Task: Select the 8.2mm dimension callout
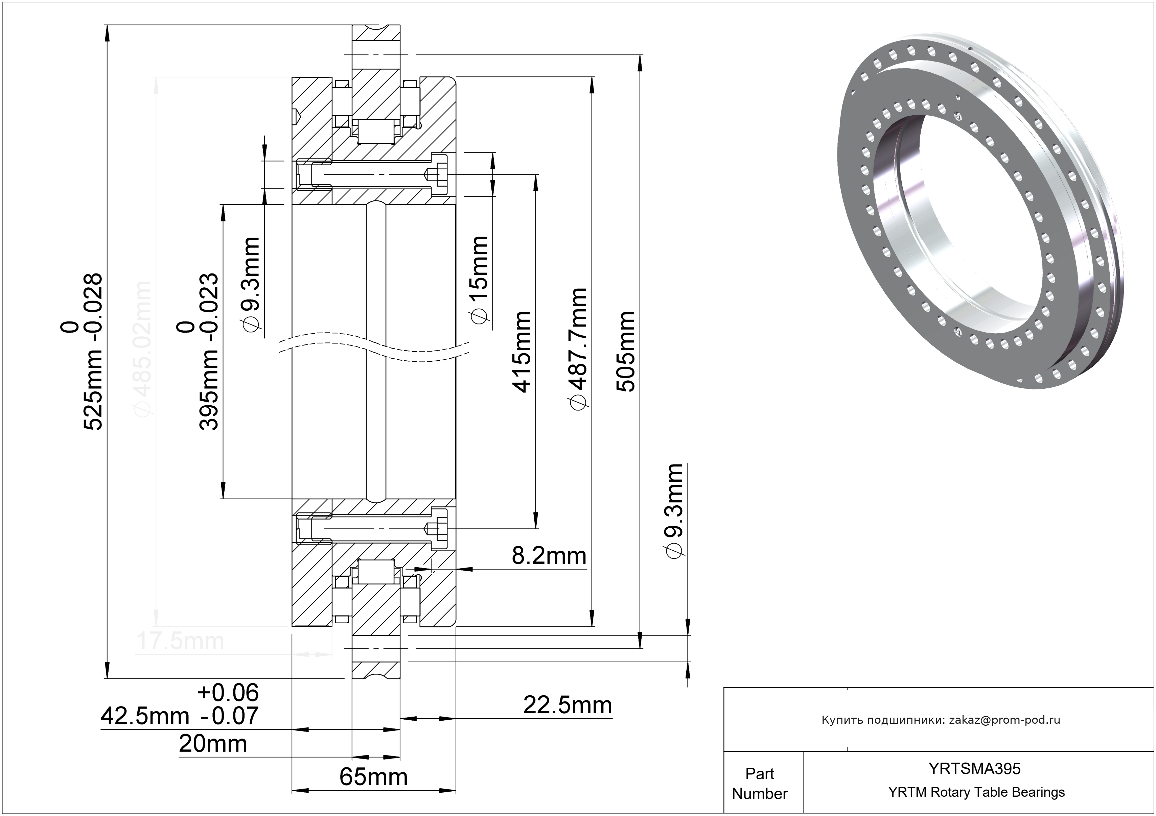[549, 556]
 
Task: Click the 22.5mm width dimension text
[568, 705]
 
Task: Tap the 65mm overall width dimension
[373, 777]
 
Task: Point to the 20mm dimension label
[213, 744]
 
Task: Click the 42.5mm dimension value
[145, 716]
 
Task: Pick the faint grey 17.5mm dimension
[180, 642]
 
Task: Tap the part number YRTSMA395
[975, 769]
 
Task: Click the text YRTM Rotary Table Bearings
[976, 792]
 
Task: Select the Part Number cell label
[759, 783]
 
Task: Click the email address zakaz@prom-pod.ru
[1004, 720]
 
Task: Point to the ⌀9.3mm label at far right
[674, 511]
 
